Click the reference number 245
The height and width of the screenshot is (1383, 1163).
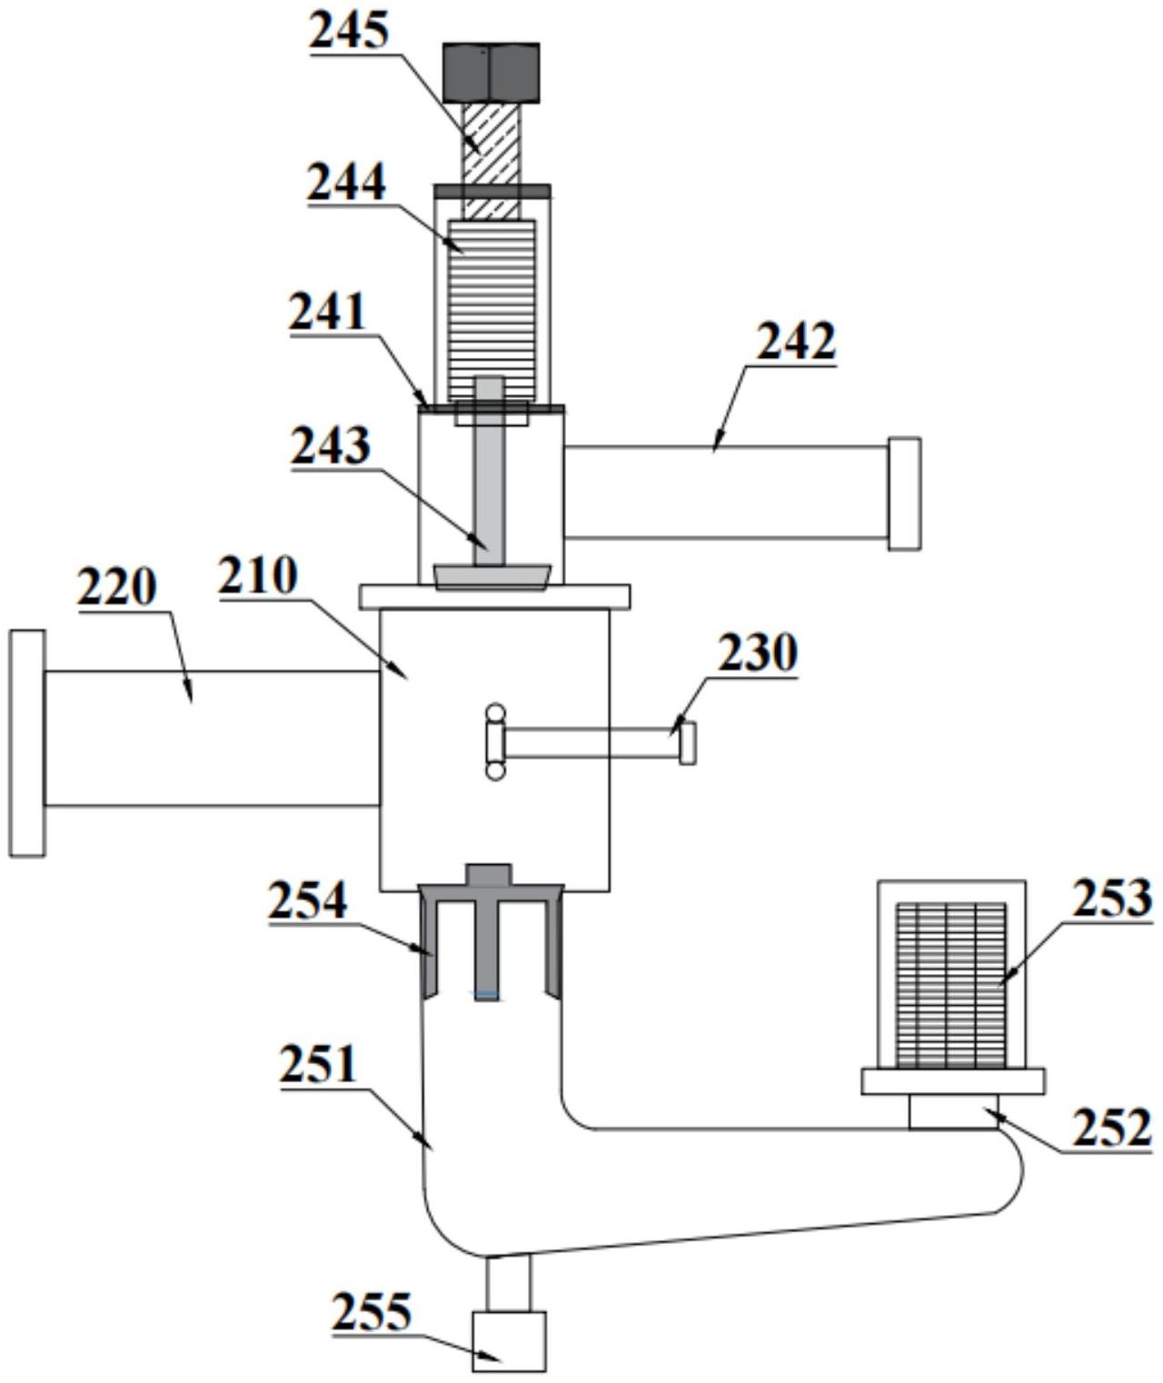point(349,32)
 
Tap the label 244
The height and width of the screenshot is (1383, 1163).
point(346,183)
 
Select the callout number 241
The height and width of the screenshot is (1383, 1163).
point(328,313)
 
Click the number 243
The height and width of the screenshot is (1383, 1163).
point(331,445)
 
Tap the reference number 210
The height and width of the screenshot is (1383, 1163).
point(257,575)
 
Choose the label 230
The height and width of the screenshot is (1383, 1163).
point(757,652)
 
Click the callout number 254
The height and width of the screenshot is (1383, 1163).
point(307,900)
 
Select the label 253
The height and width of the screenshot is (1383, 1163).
point(1112,898)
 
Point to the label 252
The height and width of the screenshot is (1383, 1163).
point(1111,1128)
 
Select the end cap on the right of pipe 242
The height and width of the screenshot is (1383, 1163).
point(904,493)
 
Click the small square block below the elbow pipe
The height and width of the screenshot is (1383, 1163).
point(509,1340)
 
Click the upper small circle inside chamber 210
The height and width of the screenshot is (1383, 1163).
point(495,712)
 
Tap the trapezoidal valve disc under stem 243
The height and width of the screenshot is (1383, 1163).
point(492,576)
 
